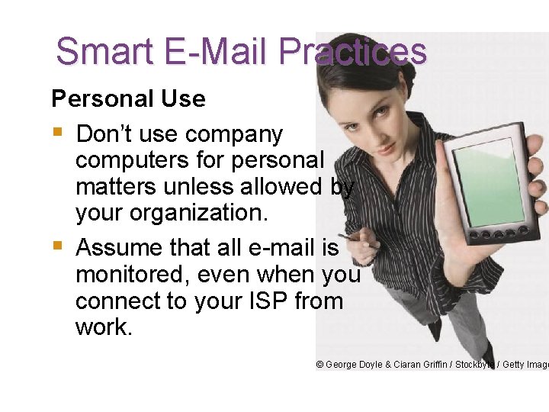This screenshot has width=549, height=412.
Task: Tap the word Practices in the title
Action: (353, 52)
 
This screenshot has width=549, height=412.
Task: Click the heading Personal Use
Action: (128, 98)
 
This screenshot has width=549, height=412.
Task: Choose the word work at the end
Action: (104, 327)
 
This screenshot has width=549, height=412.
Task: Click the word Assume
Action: (122, 248)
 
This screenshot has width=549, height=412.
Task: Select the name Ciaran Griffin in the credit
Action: (419, 365)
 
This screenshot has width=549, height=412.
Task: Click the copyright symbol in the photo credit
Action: (320, 365)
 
